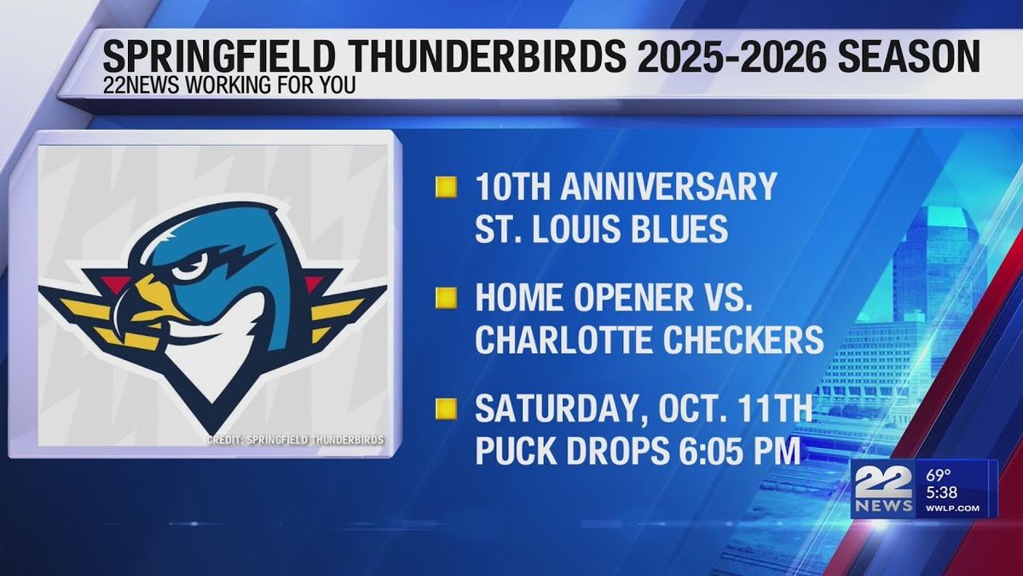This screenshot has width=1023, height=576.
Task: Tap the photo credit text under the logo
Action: click(295, 439)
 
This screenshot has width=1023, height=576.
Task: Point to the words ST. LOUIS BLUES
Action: click(602, 229)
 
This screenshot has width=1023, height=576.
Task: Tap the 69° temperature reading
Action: click(939, 474)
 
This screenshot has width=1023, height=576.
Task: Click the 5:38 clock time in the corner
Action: click(943, 492)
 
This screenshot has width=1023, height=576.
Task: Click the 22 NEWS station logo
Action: click(881, 490)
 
